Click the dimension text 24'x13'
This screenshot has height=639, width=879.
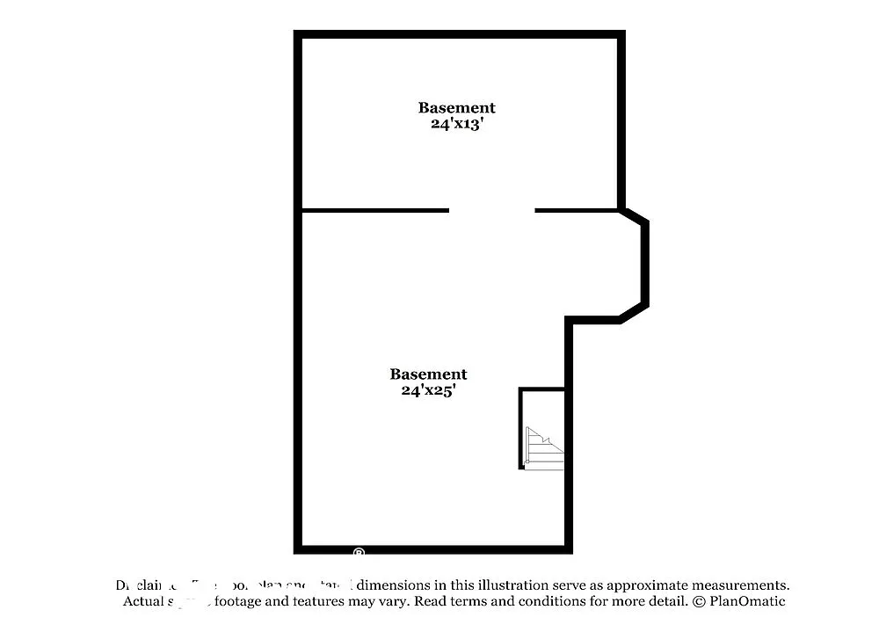[x=456, y=125]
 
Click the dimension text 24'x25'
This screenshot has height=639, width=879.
[x=428, y=391]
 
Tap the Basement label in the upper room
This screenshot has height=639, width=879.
[x=456, y=108]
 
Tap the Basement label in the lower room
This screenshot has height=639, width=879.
[x=428, y=374]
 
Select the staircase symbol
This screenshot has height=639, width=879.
[x=543, y=448]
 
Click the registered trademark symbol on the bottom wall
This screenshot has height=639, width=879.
[x=359, y=553]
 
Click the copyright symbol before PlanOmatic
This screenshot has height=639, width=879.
[x=699, y=602]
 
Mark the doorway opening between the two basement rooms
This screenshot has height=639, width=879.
[x=491, y=211]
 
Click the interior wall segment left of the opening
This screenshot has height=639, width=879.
[x=375, y=211]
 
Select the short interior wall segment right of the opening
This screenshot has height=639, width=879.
[x=577, y=211]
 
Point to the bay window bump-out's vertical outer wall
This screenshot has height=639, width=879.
[x=644, y=264]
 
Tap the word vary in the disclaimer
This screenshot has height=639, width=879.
[x=391, y=602]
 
